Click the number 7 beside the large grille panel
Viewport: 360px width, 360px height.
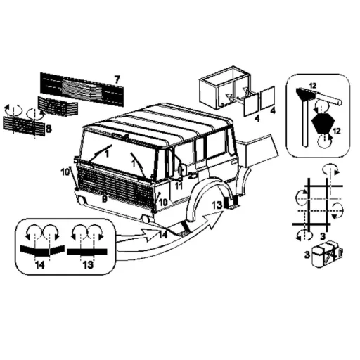coord(117,79)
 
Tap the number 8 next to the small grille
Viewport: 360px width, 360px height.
coord(49,129)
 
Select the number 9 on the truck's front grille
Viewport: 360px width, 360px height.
coord(105,199)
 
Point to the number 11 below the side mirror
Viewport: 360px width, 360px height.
coord(179,186)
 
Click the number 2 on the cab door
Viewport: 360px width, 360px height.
coord(191,175)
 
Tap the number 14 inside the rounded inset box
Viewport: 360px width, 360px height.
coord(40,265)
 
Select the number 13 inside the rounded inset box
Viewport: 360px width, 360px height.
coord(88,265)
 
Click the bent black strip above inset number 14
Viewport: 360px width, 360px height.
coord(42,250)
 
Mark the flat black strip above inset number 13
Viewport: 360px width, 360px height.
coord(87,252)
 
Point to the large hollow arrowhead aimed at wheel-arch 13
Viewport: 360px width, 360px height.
coord(213,219)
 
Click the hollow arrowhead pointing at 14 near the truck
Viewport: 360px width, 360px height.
coord(151,235)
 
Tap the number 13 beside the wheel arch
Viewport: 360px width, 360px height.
coord(217,205)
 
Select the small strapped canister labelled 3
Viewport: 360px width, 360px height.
coord(326,255)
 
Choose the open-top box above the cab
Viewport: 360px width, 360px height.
coord(224,88)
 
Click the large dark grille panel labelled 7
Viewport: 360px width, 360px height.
coord(82,89)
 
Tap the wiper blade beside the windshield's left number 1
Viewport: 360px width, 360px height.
coord(100,153)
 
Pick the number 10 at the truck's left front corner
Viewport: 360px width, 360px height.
coord(65,172)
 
